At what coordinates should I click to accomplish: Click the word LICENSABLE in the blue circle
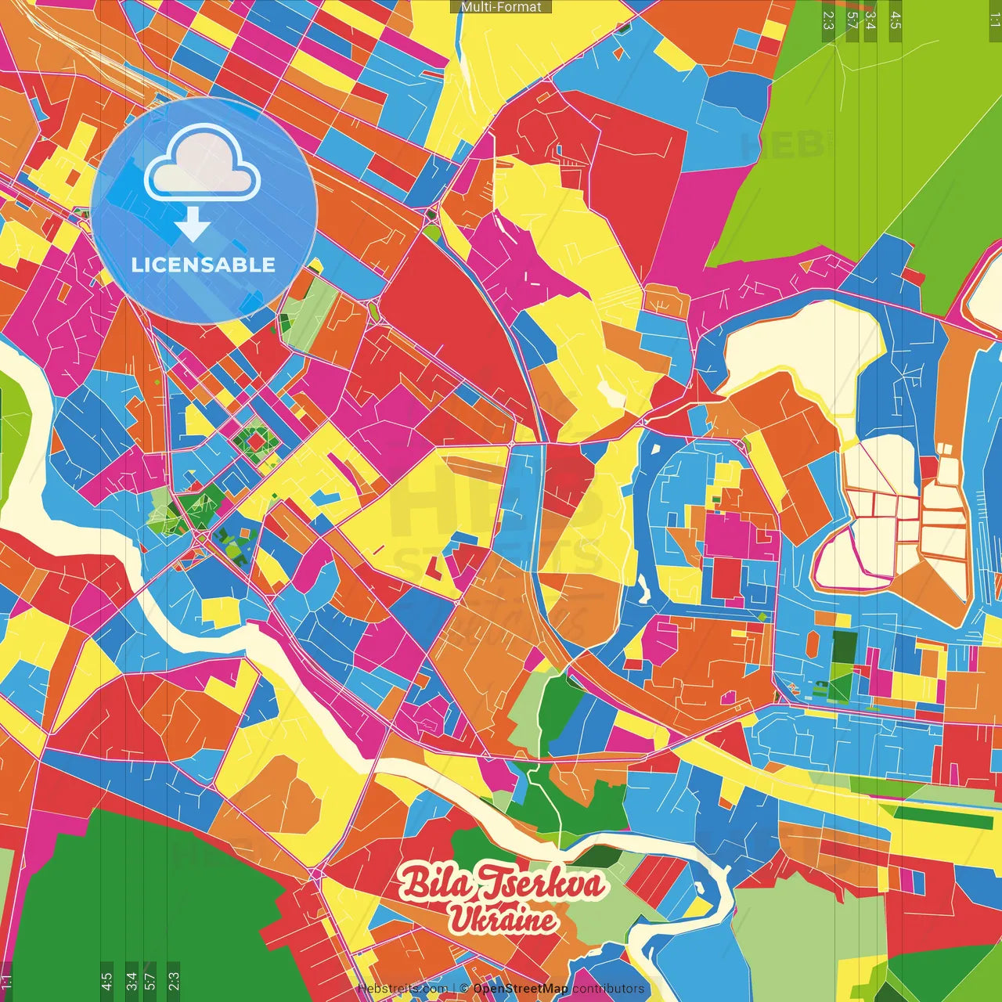tap(204, 265)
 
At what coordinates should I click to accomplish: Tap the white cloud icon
tap(203, 164)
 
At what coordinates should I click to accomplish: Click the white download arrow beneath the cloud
tap(193, 225)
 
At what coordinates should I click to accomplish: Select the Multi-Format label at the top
tap(501, 7)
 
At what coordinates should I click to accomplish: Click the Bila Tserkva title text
tap(502, 884)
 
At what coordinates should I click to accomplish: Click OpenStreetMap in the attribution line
tap(521, 988)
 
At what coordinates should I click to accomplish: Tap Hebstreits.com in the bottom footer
tap(402, 988)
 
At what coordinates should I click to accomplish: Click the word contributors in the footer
tap(608, 988)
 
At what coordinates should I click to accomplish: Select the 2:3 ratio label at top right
tap(828, 20)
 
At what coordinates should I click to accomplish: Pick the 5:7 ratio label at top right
tap(852, 20)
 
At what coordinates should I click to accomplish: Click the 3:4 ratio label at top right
tap(870, 20)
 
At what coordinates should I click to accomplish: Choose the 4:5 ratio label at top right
tap(896, 20)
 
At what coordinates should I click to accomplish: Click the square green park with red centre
tap(255, 442)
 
